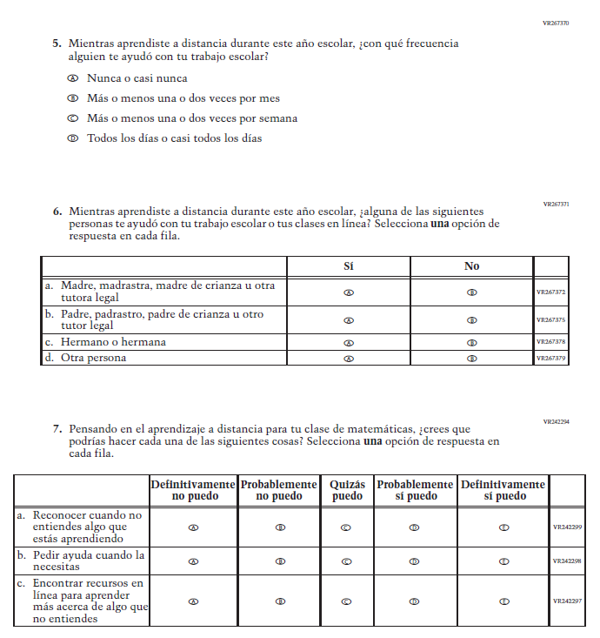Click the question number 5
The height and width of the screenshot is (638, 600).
57,43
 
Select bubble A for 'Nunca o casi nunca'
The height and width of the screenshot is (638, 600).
73,78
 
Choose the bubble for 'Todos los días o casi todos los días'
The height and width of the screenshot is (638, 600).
73,138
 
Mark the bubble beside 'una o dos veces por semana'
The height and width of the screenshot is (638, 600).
73,118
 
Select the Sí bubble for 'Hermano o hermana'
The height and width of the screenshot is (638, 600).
349,342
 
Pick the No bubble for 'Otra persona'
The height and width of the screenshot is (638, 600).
471,358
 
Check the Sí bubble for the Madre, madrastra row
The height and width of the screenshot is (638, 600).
349,292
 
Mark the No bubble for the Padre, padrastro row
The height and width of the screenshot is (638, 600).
471,320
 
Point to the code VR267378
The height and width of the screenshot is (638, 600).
550,342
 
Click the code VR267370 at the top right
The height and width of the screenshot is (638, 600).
555,24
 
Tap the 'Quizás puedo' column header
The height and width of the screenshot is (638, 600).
347,490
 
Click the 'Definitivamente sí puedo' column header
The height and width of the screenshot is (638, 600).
503,490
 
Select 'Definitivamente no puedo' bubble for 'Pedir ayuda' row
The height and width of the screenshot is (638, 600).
193,561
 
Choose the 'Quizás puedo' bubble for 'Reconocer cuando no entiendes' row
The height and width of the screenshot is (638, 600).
347,527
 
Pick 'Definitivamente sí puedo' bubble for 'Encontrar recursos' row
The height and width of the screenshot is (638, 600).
503,601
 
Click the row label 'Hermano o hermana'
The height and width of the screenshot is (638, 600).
113,342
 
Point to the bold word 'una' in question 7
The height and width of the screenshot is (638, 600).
372,441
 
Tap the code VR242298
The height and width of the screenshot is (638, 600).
568,561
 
